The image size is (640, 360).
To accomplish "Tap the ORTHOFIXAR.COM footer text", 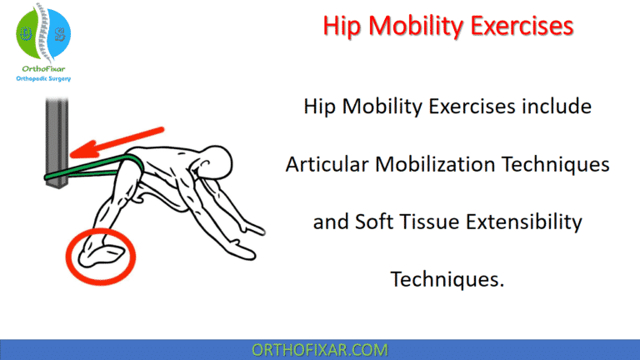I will coord(320,348).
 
